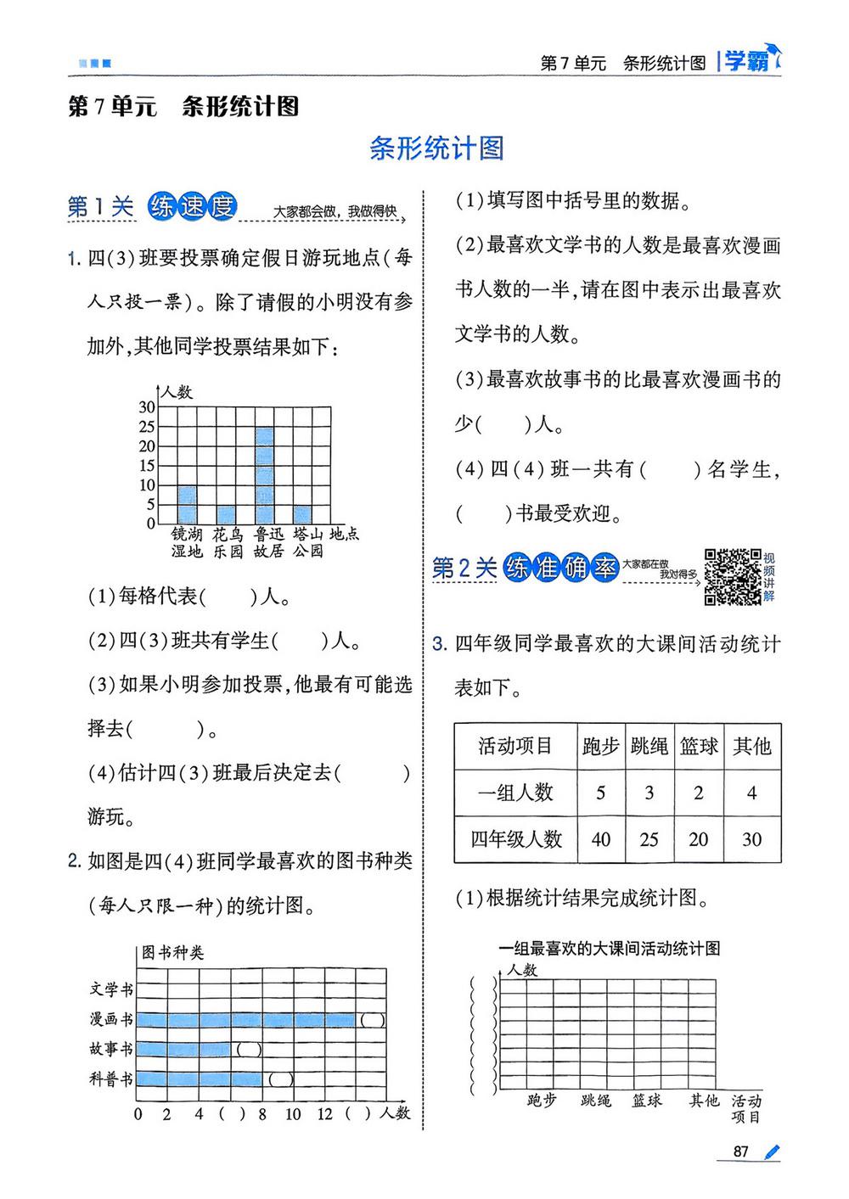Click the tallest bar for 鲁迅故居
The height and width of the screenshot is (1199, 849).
click(264, 475)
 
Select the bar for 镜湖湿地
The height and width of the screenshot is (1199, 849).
click(187, 505)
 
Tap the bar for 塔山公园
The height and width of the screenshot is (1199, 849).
click(302, 515)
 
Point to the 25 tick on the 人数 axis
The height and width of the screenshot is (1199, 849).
click(147, 427)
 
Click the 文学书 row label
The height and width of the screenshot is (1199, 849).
click(111, 989)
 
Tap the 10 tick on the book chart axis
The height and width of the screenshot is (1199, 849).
click(293, 1114)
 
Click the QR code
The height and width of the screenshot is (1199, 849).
click(733, 577)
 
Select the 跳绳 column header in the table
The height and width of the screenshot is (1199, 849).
click(649, 747)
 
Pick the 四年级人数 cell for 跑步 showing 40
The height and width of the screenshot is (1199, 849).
click(601, 839)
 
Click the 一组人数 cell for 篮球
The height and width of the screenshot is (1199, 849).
click(699, 793)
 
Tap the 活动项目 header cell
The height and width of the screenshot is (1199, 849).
click(515, 747)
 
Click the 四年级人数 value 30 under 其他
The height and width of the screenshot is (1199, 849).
click(752, 839)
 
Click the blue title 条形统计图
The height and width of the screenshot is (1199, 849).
click(437, 148)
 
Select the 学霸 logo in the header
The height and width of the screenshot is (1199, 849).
click(750, 61)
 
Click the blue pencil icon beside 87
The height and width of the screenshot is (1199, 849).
click(771, 1151)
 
